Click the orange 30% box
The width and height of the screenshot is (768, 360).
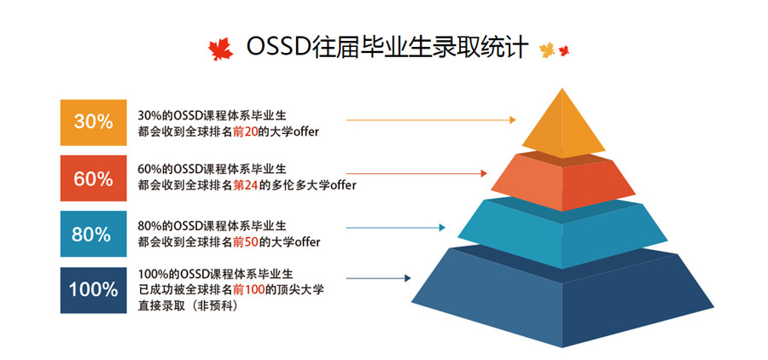tap(94, 123)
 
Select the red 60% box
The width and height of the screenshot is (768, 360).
tap(94, 178)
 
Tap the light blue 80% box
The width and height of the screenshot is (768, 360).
tap(94, 234)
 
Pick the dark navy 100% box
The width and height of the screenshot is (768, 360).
tap(94, 290)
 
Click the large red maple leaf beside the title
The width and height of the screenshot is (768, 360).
tap(220, 49)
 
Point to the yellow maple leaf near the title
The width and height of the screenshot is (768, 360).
tap(547, 50)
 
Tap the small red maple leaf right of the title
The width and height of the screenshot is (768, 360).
tap(564, 50)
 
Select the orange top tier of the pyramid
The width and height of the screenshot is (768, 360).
tap(563, 124)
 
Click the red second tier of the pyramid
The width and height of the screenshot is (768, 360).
tap(562, 181)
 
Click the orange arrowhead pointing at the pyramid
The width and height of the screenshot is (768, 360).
tap(513, 120)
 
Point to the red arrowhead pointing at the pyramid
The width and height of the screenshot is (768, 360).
tap(484, 173)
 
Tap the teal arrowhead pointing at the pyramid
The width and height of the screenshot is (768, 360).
tap(442, 228)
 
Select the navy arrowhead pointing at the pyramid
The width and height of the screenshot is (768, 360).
tap(408, 278)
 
